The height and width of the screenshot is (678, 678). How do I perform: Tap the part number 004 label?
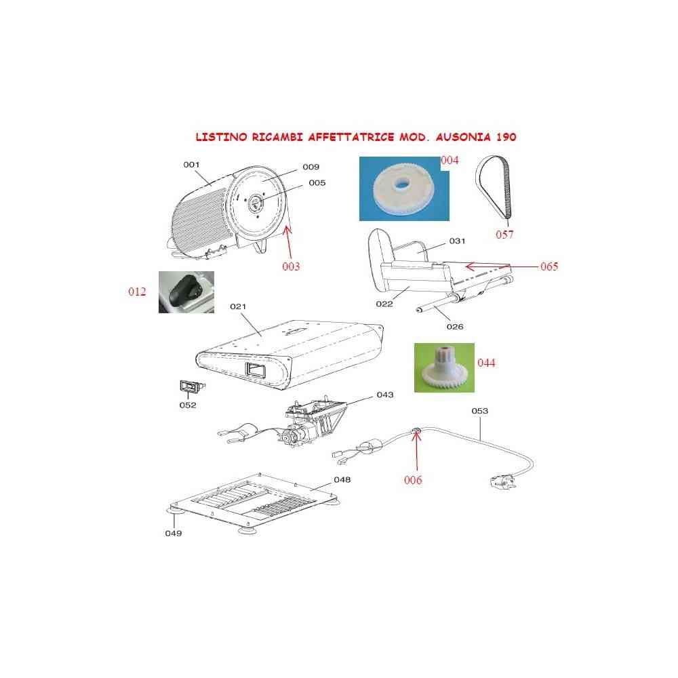(x=450, y=161)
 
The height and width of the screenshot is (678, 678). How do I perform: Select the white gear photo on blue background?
(x=404, y=188)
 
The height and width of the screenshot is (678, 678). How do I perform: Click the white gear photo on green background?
(x=444, y=367)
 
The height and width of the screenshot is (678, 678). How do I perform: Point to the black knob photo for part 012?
(x=186, y=292)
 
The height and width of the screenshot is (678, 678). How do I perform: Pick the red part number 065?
(x=549, y=266)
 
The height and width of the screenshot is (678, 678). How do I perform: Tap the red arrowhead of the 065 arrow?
(x=470, y=266)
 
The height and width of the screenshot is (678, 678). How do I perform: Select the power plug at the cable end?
(x=503, y=481)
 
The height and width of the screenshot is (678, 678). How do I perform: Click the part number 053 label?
(x=479, y=411)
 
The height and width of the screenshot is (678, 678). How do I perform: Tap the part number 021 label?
(x=238, y=306)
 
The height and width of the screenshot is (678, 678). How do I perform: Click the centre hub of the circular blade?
(x=255, y=202)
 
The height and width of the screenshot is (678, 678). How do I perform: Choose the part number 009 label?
(x=311, y=167)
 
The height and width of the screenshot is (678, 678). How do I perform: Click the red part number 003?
(x=291, y=266)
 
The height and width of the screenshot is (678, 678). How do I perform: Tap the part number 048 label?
(x=342, y=479)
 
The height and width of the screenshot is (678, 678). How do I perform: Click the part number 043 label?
(x=385, y=395)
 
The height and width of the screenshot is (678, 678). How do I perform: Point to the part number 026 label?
(x=455, y=327)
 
